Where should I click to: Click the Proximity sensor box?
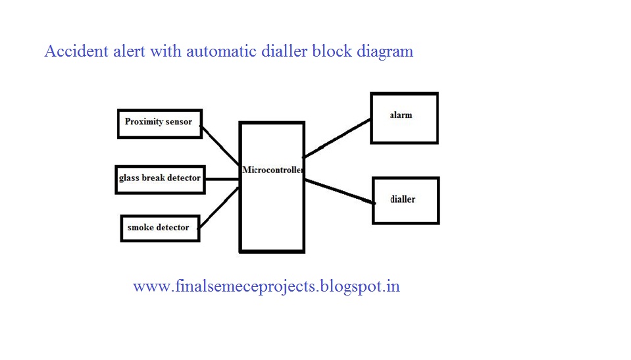tap(159, 123)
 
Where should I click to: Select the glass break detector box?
tap(160, 178)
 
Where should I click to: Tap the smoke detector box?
tap(160, 228)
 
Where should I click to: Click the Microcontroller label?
tap(272, 170)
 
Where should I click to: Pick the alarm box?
tap(404, 118)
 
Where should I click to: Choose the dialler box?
tap(405, 201)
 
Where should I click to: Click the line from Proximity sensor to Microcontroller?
tap(220, 145)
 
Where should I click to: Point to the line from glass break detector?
tap(222, 178)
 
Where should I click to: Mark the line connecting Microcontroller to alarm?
tap(337, 138)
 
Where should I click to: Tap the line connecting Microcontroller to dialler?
tap(339, 191)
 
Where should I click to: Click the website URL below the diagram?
tap(266, 286)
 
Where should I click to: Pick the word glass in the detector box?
tap(130, 178)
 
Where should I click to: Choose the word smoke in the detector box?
tap(139, 228)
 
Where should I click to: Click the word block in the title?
tap(332, 51)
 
